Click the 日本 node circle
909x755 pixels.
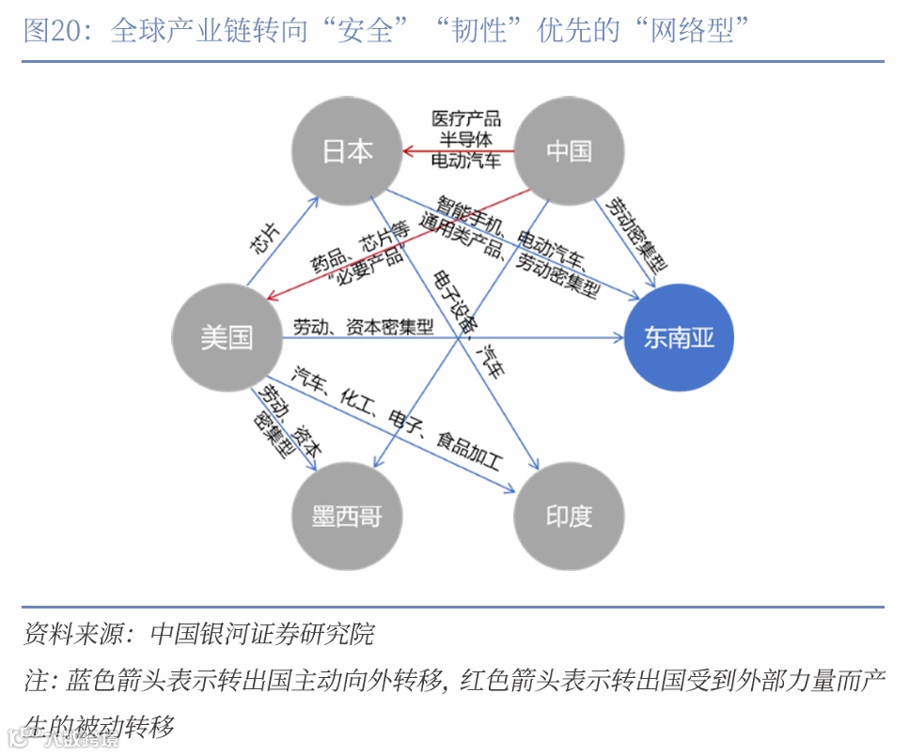[x=347, y=151]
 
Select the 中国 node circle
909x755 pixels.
[x=569, y=151]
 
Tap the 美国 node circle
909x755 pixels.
[x=227, y=337]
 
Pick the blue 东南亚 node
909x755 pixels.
[x=679, y=337]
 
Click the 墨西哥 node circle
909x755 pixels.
[x=347, y=516]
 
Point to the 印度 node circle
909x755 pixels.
[x=569, y=516]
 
